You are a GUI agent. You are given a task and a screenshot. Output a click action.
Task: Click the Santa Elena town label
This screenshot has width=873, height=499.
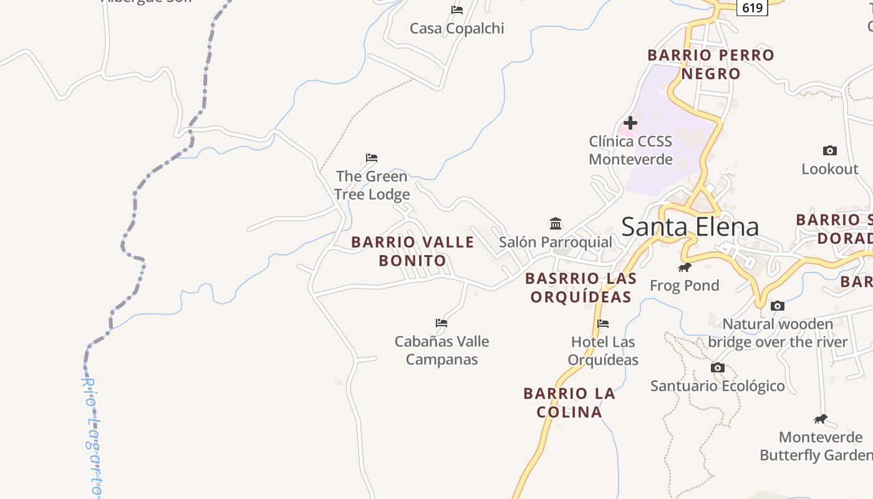click(690, 226)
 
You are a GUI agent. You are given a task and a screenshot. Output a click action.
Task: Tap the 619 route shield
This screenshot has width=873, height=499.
click(753, 7)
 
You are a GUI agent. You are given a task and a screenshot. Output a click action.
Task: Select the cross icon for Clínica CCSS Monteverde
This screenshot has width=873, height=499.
click(630, 123)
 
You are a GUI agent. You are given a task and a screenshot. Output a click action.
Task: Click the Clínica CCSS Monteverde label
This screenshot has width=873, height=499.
click(630, 150)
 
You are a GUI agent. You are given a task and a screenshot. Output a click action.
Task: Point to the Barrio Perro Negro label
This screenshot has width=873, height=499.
click(711, 64)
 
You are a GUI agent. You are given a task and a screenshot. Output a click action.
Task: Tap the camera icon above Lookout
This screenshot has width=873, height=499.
click(829, 150)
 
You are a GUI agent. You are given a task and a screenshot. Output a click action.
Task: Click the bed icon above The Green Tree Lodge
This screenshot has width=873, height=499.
click(372, 157)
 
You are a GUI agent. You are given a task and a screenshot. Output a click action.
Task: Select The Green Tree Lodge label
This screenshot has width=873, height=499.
click(372, 185)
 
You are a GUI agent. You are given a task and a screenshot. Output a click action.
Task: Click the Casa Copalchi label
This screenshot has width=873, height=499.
click(457, 28)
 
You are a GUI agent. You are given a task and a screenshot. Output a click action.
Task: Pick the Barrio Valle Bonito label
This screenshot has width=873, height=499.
click(413, 251)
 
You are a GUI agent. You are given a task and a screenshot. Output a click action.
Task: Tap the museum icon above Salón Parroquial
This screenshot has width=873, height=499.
click(556, 223)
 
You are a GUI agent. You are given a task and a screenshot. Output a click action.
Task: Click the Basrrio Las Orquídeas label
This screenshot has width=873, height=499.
click(581, 288)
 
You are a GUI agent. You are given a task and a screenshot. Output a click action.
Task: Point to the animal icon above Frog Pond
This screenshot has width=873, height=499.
click(685, 267)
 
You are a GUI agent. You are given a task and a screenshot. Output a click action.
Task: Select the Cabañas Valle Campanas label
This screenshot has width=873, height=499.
click(441, 351)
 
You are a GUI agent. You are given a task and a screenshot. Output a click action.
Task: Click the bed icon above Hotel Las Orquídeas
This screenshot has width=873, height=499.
click(603, 323)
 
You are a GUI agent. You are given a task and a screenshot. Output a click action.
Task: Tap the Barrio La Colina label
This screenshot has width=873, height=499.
click(569, 403)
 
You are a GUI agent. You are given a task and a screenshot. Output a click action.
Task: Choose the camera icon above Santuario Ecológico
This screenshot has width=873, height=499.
click(718, 367)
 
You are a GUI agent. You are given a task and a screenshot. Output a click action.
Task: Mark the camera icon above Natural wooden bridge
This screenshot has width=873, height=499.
click(778, 306)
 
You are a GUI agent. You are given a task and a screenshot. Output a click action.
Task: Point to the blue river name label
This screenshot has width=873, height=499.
click(92, 437)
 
